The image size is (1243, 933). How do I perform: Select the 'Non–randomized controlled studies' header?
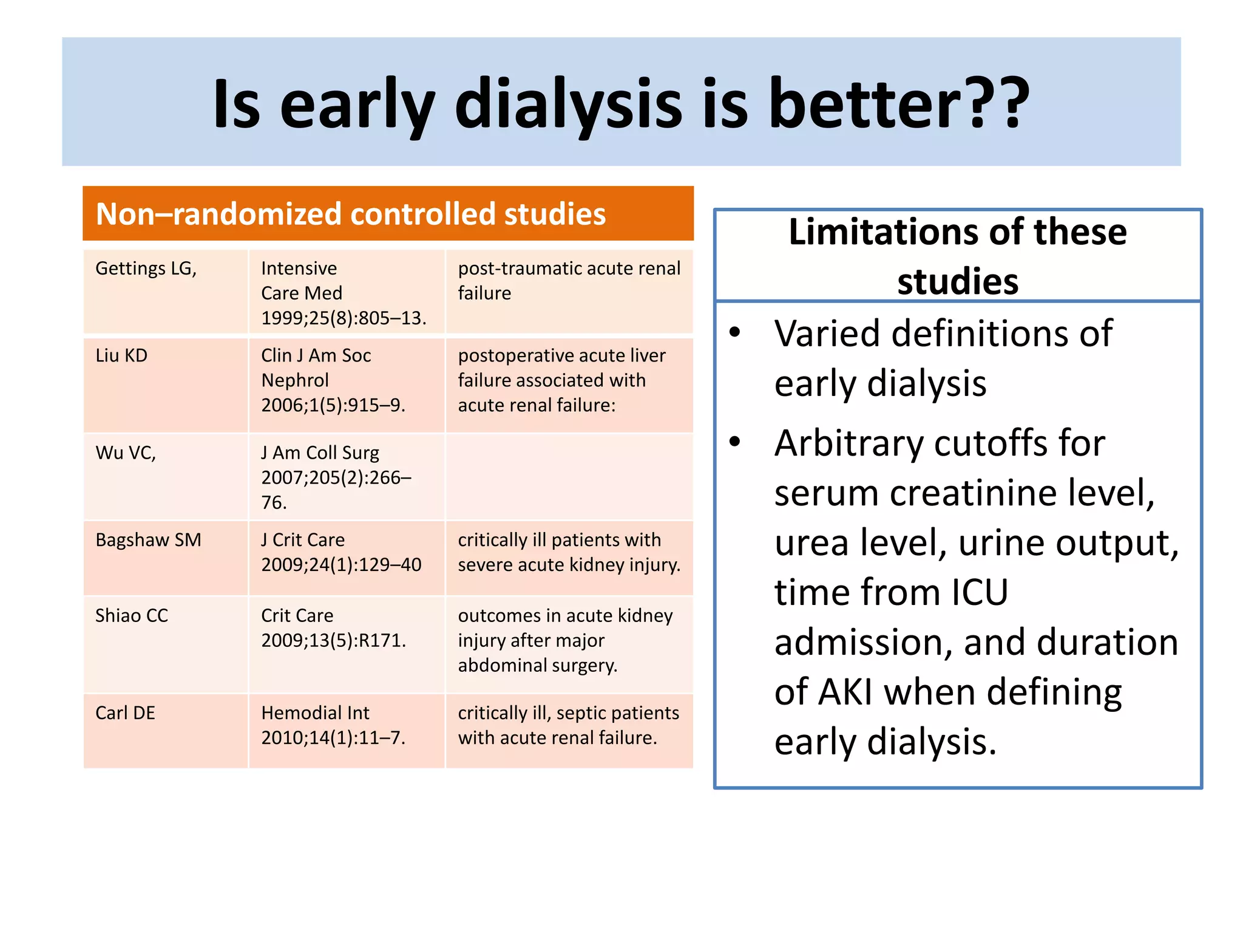(351, 214)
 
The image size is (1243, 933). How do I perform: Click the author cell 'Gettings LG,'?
(146, 268)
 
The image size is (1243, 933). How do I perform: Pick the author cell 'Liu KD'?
(121, 356)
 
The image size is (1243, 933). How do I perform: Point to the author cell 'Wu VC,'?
(126, 453)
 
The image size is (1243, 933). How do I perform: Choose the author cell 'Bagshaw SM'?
(148, 540)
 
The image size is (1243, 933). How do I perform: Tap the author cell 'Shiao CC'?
(132, 616)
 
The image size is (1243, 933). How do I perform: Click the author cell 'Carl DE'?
(125, 713)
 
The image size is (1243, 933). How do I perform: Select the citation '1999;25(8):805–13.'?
(344, 318)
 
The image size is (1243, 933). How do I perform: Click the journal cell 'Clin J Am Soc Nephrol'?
(316, 368)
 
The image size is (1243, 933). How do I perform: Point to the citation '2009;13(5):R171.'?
(333, 641)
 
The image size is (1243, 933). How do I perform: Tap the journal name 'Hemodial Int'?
(315, 713)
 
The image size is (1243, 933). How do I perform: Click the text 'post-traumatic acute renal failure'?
(569, 281)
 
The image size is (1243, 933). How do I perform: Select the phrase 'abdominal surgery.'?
(537, 666)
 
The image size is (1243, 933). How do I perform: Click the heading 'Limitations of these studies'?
(957, 256)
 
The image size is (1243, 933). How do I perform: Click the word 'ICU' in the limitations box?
(979, 592)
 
